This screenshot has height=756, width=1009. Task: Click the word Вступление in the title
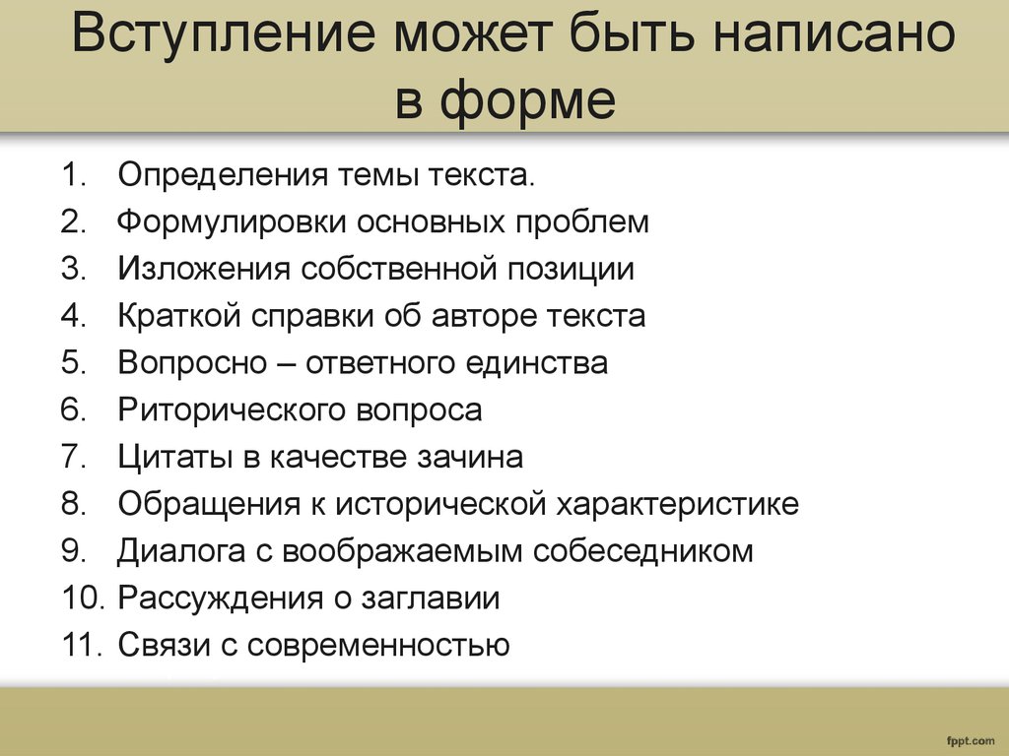223,32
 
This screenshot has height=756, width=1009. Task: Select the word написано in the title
834,32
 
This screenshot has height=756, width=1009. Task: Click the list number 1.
74,175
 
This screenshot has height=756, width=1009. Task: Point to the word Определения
224,175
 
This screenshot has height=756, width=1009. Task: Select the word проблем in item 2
581,222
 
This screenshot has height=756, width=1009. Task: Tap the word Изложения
204,269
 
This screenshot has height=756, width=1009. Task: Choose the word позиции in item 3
571,270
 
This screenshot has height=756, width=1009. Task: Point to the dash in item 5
286,364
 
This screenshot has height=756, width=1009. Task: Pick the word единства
536,363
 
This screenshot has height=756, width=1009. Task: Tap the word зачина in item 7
470,457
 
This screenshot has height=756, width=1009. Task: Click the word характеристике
677,504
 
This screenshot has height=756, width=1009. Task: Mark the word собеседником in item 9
642,551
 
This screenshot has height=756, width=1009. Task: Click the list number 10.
83,598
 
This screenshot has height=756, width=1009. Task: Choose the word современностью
378,645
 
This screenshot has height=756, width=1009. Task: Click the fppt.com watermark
971,741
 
